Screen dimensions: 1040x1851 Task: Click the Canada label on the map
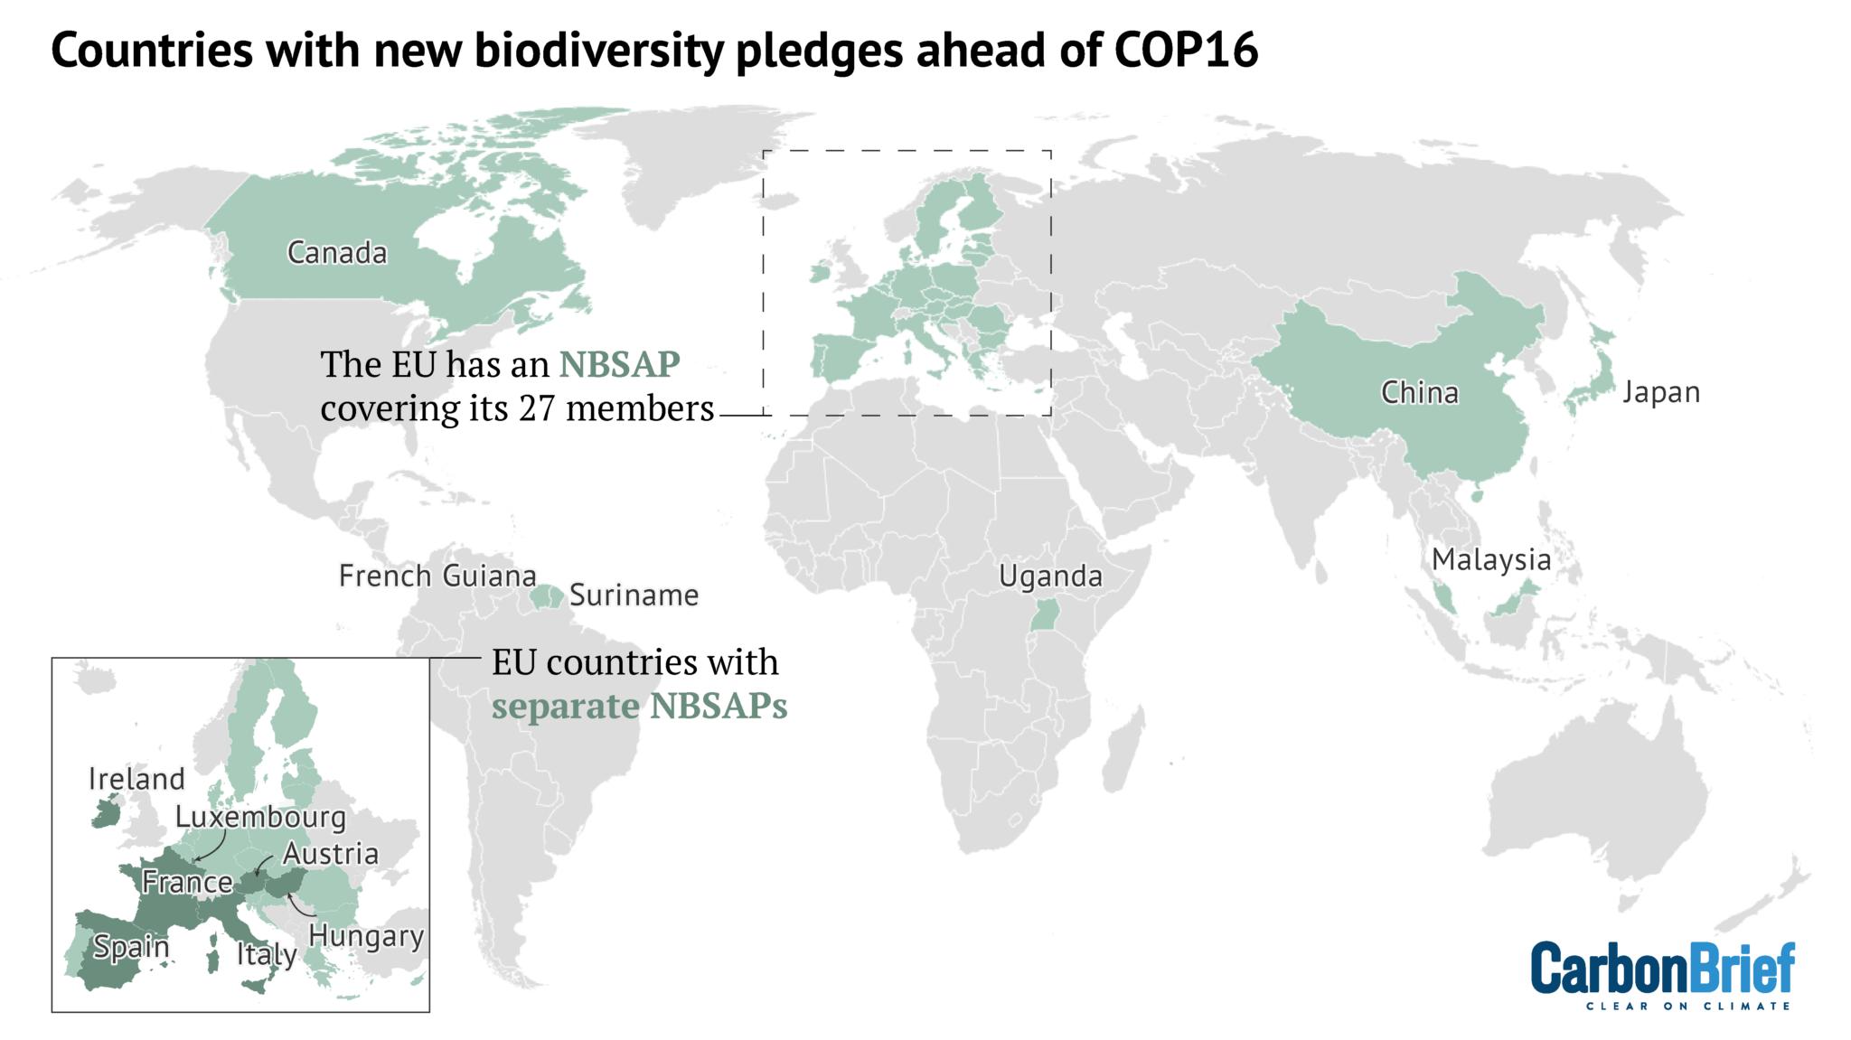click(x=337, y=253)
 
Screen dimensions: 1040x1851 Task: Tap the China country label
click(x=1419, y=393)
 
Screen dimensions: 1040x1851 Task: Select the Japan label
click(x=1660, y=393)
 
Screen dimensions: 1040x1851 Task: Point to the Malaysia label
click(x=1491, y=560)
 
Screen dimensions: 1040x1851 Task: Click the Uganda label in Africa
click(x=1050, y=576)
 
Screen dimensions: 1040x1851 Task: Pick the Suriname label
click(x=634, y=595)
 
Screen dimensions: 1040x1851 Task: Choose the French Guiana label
click(x=437, y=576)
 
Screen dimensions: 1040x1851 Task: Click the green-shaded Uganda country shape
click(x=1046, y=616)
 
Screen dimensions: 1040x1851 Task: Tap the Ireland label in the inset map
click(x=136, y=779)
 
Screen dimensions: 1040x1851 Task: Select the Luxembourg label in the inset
click(x=260, y=817)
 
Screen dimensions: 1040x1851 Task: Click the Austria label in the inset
click(x=331, y=854)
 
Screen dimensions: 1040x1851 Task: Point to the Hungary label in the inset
click(x=366, y=936)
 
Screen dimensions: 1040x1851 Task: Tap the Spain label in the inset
click(x=131, y=947)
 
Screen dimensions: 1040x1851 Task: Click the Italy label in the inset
click(x=267, y=954)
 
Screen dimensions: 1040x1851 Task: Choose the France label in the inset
click(x=187, y=883)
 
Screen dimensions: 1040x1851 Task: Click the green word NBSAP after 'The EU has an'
click(x=619, y=365)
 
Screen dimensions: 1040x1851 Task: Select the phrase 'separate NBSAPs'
click(x=639, y=707)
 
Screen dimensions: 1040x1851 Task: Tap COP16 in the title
click(x=1185, y=51)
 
